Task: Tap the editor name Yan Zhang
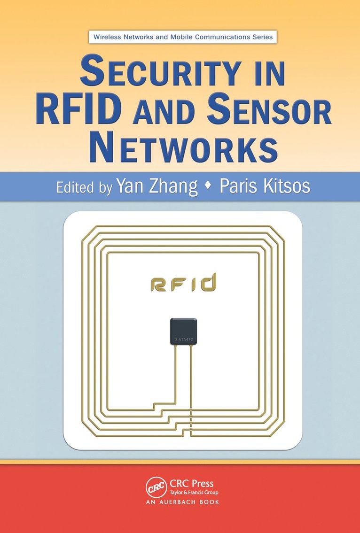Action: tap(157, 186)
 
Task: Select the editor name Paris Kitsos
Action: tap(266, 186)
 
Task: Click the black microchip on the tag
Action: tap(183, 331)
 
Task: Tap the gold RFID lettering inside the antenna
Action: tap(183, 283)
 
